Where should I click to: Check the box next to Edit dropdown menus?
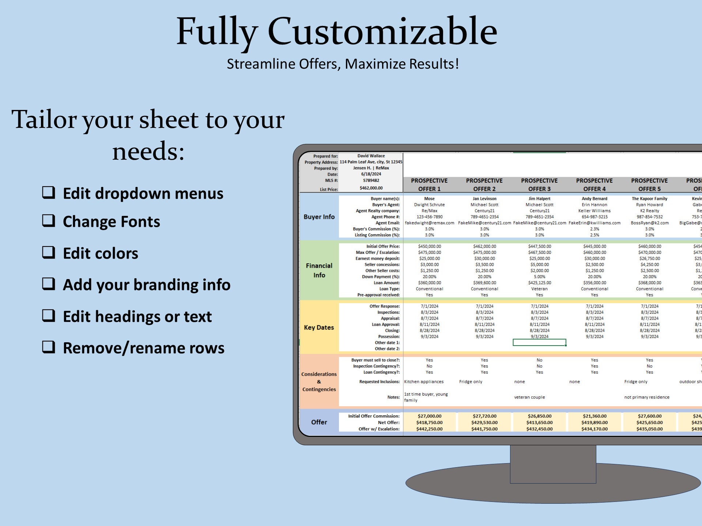(x=49, y=193)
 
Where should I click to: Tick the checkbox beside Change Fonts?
(x=49, y=221)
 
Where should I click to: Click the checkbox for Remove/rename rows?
(x=49, y=347)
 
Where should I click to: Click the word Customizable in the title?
(x=382, y=32)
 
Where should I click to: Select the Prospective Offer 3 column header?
(x=539, y=185)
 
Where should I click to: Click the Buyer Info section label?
(x=319, y=217)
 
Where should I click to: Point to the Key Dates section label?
(x=319, y=328)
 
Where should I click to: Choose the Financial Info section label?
(x=319, y=270)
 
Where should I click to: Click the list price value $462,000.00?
(x=371, y=188)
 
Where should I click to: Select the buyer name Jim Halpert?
(x=539, y=199)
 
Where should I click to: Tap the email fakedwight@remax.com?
(x=429, y=223)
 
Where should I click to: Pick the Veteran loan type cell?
(x=539, y=289)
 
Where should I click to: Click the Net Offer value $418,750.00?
(x=429, y=423)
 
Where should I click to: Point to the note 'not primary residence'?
(x=647, y=397)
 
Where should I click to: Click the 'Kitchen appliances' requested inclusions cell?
(x=424, y=382)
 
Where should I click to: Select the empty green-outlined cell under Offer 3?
(x=539, y=343)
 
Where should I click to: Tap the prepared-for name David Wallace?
(x=371, y=156)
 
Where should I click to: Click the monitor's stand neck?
(x=553, y=464)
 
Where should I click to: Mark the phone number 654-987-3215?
(x=595, y=217)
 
